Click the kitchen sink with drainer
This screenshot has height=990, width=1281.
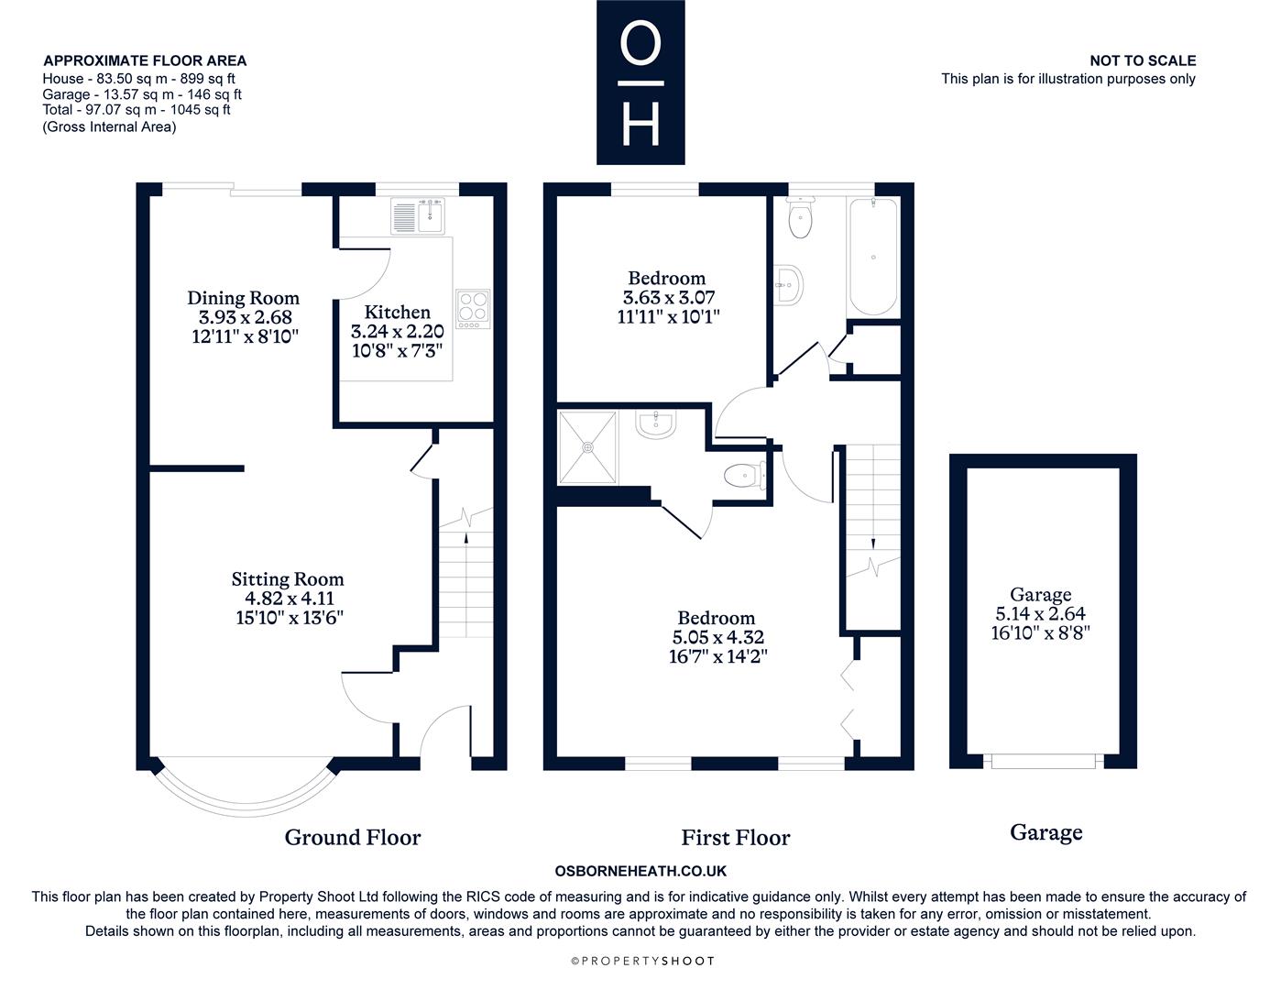(x=417, y=215)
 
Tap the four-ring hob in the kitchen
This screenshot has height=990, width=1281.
(x=473, y=309)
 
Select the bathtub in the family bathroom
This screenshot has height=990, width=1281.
(x=873, y=257)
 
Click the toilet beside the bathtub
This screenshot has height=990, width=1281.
(x=800, y=217)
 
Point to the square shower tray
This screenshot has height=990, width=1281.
(x=587, y=447)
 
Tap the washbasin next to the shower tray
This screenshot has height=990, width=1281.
(x=655, y=424)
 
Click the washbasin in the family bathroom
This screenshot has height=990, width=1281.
(x=788, y=285)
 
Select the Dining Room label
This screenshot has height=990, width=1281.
(x=244, y=298)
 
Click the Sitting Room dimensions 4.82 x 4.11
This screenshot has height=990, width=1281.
(x=290, y=598)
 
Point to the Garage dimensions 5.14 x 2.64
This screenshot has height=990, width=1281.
(x=1041, y=614)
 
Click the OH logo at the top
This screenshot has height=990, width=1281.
(x=640, y=82)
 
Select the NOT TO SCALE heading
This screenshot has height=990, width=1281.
(x=1143, y=60)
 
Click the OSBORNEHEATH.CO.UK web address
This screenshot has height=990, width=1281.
(x=640, y=871)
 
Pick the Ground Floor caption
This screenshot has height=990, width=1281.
(x=353, y=837)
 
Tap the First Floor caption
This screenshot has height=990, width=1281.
(x=736, y=838)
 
